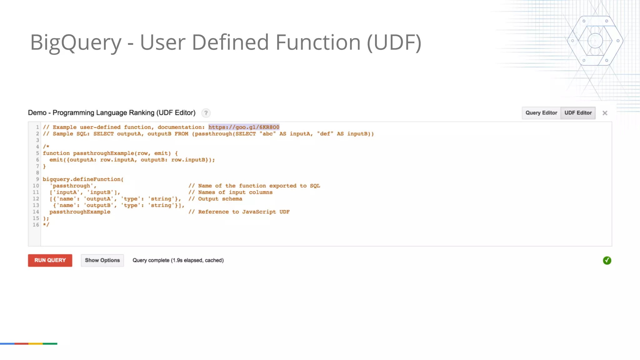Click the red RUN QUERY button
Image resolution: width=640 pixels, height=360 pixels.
(x=50, y=260)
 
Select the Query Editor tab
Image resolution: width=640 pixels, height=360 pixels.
(x=541, y=113)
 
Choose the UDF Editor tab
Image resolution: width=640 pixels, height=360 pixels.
(x=578, y=113)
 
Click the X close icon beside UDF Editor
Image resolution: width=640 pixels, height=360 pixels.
(x=605, y=113)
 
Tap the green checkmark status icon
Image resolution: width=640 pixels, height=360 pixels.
(x=607, y=260)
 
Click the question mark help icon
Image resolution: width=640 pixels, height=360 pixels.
(x=206, y=113)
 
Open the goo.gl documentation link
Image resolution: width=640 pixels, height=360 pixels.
(x=244, y=127)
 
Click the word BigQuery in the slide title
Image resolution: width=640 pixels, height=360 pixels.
(x=76, y=42)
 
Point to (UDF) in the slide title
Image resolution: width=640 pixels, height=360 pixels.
(x=394, y=42)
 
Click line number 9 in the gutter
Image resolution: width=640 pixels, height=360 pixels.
(x=37, y=179)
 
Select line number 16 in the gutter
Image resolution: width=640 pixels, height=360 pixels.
(x=36, y=225)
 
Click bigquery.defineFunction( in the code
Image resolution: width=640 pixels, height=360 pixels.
(x=83, y=179)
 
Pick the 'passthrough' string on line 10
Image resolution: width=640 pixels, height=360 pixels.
(x=73, y=186)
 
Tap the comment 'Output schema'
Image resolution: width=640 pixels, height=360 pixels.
(x=220, y=199)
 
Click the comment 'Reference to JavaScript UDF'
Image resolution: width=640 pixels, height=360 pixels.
(x=244, y=212)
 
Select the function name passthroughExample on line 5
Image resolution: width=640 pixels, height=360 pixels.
(x=103, y=153)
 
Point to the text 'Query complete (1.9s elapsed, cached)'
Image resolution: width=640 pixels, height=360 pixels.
(x=178, y=260)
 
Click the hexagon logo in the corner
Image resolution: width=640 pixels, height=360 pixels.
(x=595, y=41)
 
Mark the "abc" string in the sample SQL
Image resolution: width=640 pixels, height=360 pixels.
(x=267, y=134)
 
